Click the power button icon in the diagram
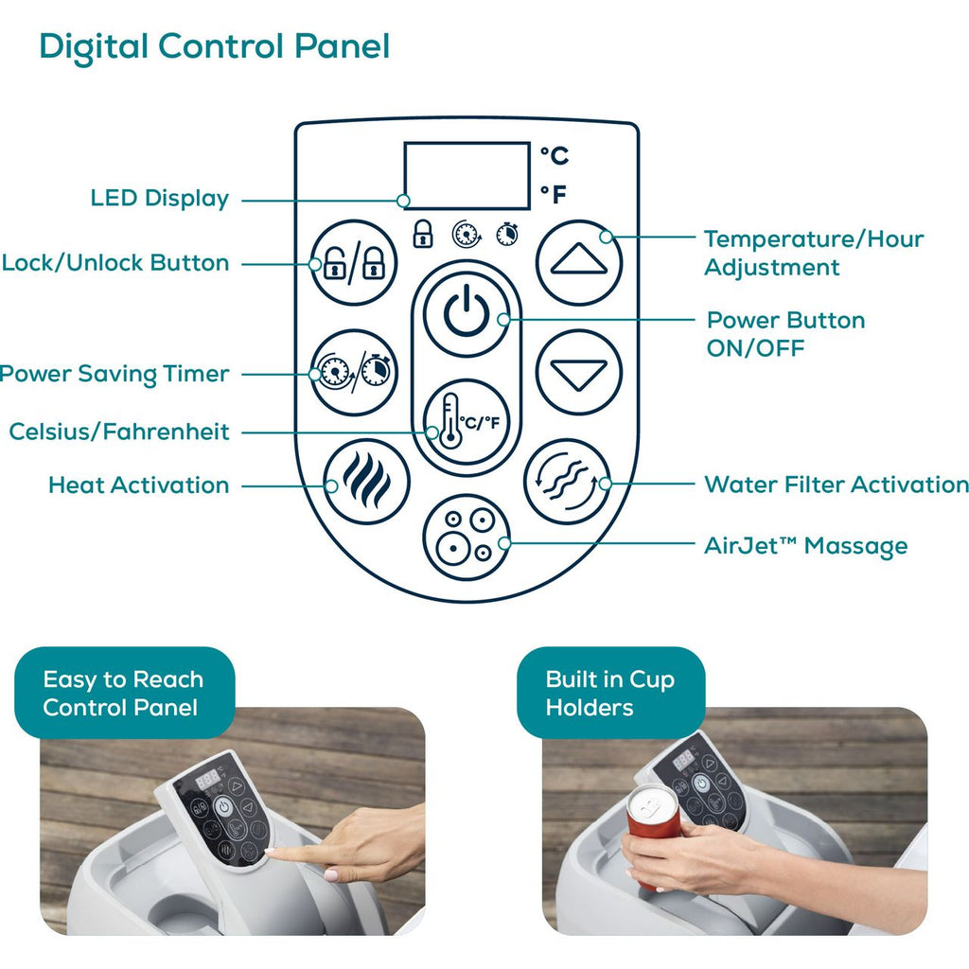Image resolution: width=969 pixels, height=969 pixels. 467,314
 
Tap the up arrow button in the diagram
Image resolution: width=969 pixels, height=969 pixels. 578,263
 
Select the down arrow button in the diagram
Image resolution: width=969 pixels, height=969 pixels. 578,372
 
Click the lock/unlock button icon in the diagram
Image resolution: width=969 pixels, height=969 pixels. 354,263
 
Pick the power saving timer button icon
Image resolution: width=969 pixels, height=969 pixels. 354,372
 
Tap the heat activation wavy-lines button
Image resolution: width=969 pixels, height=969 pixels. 366,482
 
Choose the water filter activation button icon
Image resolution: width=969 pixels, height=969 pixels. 568,482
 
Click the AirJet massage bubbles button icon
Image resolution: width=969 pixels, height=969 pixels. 467,537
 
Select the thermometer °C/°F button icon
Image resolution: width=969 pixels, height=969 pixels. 467,422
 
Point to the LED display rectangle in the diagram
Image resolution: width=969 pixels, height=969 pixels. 467,176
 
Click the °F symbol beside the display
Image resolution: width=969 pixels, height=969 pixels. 554,195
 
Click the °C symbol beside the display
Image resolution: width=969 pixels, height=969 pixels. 555,155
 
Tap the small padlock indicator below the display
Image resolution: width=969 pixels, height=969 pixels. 423,234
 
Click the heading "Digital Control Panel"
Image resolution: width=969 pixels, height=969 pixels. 215,47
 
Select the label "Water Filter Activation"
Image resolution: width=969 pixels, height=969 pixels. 837,484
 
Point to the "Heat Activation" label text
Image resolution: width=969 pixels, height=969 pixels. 139,485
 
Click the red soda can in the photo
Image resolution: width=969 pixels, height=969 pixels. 653,835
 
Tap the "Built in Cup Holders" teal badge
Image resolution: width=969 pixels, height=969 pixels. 610,693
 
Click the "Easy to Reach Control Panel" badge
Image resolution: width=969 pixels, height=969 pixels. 124,693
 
